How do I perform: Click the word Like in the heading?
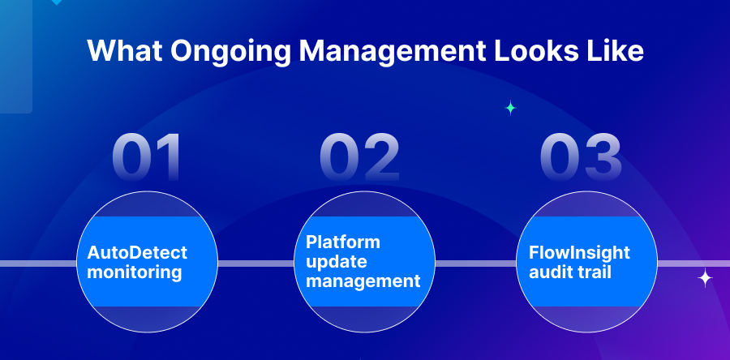[x=616, y=51]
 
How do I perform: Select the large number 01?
[x=148, y=157]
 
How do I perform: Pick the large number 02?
[x=360, y=157]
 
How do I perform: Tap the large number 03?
[x=581, y=157]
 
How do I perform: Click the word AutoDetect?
[x=137, y=253]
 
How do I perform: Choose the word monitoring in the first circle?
[x=134, y=272]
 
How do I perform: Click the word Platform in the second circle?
[x=343, y=242]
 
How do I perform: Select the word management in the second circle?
[x=363, y=281]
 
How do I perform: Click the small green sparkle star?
[x=510, y=108]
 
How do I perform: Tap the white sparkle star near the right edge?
[x=705, y=279]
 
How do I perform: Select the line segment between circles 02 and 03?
[x=476, y=264]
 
